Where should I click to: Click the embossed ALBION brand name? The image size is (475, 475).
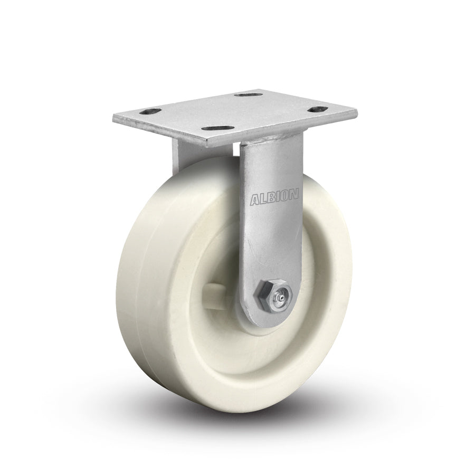point(273,198)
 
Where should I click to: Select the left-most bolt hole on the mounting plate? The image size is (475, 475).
point(150,112)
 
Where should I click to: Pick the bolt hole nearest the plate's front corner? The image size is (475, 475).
point(221,128)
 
